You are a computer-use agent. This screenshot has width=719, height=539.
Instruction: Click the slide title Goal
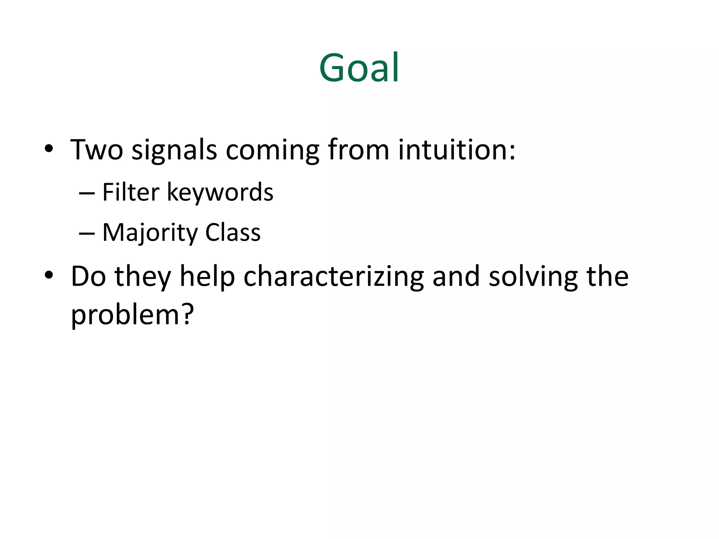[x=359, y=68]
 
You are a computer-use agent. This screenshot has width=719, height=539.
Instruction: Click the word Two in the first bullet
[x=97, y=150]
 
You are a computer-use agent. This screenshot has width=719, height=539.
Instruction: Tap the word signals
[x=174, y=151]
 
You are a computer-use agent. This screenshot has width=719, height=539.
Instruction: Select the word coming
[x=272, y=151]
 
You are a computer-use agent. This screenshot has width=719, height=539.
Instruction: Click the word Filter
[x=131, y=192]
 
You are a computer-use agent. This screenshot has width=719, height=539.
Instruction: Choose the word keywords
[x=220, y=193]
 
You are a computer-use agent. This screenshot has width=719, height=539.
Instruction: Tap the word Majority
[x=150, y=233]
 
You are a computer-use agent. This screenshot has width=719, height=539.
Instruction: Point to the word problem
[x=126, y=315]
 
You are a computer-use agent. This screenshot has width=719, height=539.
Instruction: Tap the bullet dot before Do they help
[x=49, y=275]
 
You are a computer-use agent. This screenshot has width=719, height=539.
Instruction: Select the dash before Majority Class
[x=87, y=233]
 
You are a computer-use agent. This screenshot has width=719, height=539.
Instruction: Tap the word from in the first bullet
[x=358, y=150]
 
